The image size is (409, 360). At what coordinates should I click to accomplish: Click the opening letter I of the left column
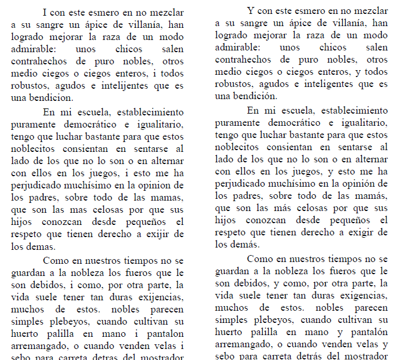(45, 11)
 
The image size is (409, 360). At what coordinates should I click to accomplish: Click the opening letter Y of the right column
(251, 11)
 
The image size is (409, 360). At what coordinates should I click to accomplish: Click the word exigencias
(363, 297)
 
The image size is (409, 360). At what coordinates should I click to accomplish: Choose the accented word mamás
(372, 196)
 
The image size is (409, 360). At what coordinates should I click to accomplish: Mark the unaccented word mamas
(168, 196)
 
